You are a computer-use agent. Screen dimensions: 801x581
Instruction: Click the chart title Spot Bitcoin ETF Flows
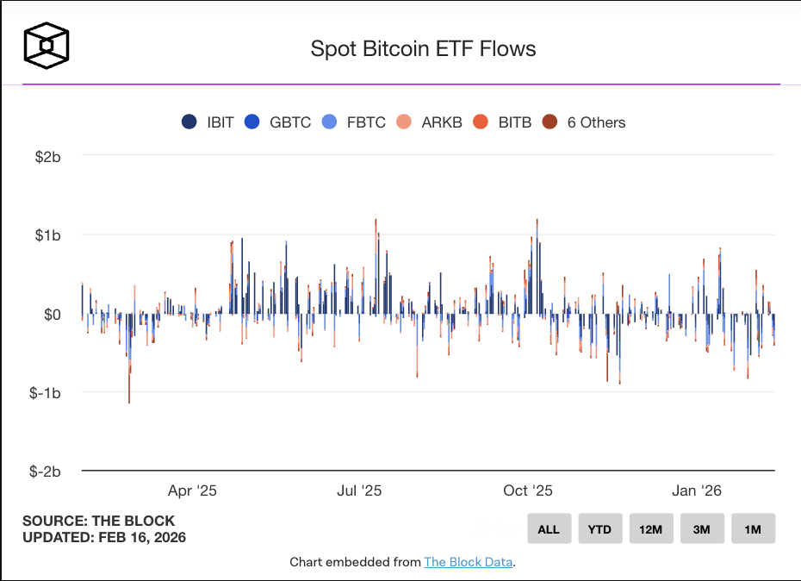click(423, 49)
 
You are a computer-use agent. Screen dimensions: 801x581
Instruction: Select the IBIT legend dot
click(189, 122)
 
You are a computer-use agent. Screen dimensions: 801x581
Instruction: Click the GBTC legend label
click(290, 122)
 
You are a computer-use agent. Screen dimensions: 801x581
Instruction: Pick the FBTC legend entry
click(353, 122)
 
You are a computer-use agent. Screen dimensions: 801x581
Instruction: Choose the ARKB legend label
click(442, 122)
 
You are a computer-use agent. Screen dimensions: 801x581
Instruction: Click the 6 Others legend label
click(596, 122)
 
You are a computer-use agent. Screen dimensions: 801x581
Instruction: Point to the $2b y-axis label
click(48, 157)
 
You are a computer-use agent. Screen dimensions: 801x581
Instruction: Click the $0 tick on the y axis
click(52, 315)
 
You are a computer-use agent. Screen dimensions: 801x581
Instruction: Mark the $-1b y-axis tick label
click(45, 393)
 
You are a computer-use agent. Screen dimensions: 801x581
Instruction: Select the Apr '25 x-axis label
click(192, 491)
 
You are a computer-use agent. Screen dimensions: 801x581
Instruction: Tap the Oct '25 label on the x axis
click(528, 491)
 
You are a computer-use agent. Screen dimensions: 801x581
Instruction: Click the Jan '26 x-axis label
click(696, 491)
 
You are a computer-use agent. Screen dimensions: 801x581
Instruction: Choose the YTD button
click(600, 528)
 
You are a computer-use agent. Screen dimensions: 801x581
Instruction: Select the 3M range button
click(702, 528)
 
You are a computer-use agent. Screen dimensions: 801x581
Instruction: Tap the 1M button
click(753, 528)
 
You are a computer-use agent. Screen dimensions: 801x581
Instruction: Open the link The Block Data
click(468, 562)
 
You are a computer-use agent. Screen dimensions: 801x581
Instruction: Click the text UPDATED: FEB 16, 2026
click(104, 538)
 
